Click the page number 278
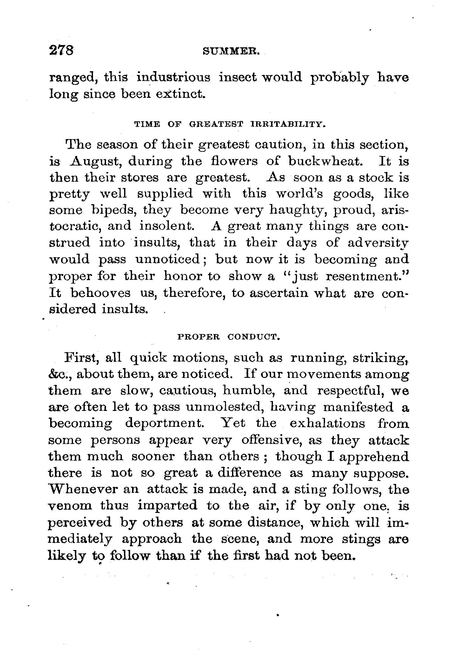[62, 51]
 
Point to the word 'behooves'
[100, 292]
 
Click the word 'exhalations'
[327, 424]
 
